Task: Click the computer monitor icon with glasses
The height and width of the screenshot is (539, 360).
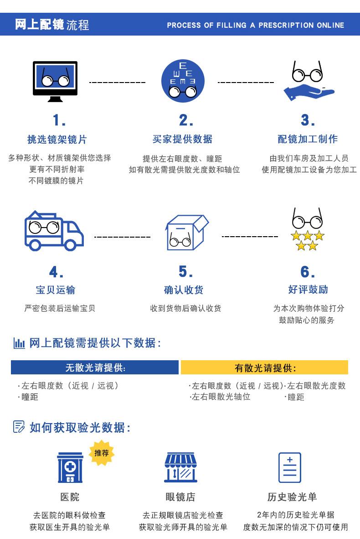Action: (x=55, y=81)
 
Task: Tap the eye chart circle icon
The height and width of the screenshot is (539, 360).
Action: (x=183, y=81)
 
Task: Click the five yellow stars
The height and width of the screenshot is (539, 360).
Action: (x=308, y=241)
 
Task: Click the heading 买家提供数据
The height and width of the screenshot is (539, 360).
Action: (x=182, y=139)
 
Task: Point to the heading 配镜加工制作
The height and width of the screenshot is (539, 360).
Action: (x=308, y=139)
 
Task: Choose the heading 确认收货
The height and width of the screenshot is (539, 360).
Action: (x=184, y=290)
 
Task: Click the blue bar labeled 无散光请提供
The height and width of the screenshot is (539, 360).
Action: (x=95, y=368)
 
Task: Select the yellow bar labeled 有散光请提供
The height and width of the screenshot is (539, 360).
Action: (x=264, y=368)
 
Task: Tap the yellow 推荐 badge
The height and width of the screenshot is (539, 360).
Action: (x=102, y=453)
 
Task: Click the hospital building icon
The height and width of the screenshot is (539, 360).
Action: (x=70, y=468)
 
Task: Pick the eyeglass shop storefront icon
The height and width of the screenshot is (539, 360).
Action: (x=181, y=468)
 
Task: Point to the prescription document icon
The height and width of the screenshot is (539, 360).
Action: (x=290, y=467)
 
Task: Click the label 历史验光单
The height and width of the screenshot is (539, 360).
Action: (x=292, y=497)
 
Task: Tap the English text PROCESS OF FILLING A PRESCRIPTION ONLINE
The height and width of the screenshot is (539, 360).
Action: (x=256, y=26)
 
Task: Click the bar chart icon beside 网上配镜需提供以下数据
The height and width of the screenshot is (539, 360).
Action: (x=19, y=343)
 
